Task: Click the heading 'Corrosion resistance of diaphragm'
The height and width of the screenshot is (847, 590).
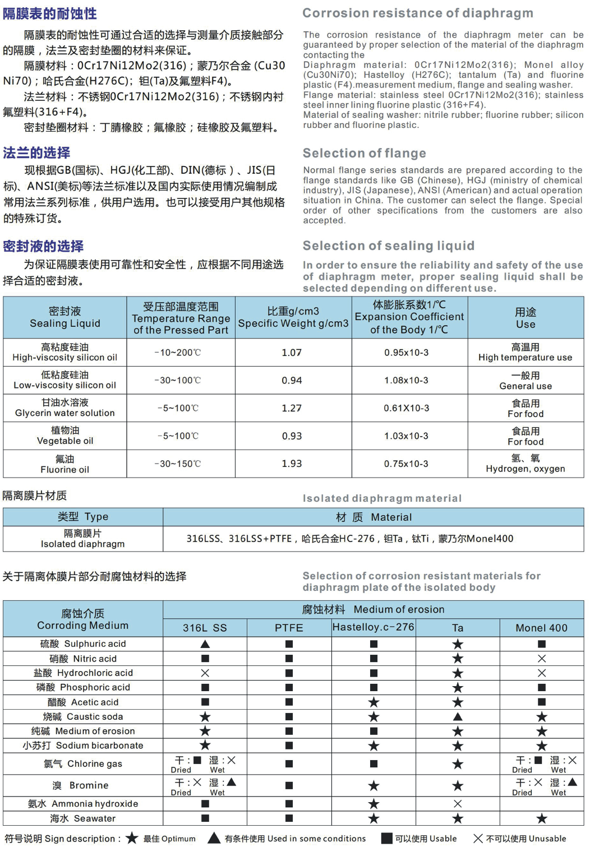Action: pos(418,13)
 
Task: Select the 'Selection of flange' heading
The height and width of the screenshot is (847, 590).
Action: pos(365,153)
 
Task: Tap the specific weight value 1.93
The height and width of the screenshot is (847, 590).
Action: pos(292,464)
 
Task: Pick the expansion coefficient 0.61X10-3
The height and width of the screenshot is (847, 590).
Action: pos(406,408)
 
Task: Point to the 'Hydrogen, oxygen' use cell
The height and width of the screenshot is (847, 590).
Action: pos(525,464)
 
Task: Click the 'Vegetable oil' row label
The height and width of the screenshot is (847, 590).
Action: pos(65,436)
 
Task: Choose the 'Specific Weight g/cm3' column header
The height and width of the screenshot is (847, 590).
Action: pos(293,317)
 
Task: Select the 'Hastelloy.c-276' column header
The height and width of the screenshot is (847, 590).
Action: pos(374,627)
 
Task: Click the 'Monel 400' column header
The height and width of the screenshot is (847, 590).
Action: pos(541,628)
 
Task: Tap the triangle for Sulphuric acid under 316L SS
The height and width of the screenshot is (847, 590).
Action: pos(205,644)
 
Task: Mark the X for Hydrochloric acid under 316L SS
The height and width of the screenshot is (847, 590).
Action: pos(205,673)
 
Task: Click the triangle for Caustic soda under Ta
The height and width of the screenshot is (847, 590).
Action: pos(458,716)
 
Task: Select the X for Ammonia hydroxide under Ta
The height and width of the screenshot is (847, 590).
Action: pos(458,804)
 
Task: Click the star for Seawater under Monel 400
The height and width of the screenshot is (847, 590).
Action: pos(542,819)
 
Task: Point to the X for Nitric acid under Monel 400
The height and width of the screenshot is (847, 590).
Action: pos(542,659)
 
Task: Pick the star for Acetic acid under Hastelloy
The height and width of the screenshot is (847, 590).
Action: pos(374,702)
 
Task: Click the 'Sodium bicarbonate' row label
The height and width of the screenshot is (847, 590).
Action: pos(83,746)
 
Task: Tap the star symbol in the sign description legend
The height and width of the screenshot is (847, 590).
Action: pos(132,838)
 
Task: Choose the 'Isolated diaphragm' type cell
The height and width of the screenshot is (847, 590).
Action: pos(83,539)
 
